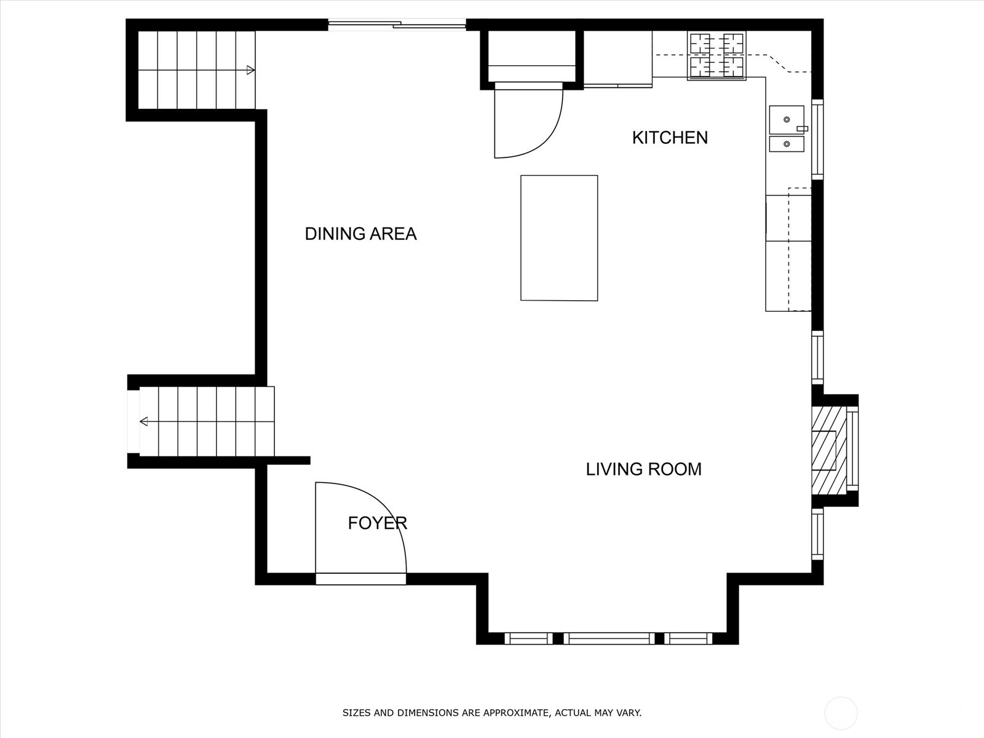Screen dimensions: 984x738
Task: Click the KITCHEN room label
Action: pyautogui.click(x=670, y=138)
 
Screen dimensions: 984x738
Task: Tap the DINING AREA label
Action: pyautogui.click(x=360, y=234)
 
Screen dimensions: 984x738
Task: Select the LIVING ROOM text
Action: pyautogui.click(x=643, y=469)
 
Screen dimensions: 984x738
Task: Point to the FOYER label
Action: pyautogui.click(x=378, y=523)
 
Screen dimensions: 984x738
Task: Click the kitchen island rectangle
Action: pyautogui.click(x=559, y=238)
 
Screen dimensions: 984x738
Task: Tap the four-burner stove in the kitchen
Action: pyautogui.click(x=716, y=56)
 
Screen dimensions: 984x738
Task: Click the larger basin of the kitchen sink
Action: pyautogui.click(x=787, y=120)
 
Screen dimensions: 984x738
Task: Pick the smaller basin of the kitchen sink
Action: pyautogui.click(x=787, y=145)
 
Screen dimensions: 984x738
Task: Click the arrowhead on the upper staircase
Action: pyautogui.click(x=250, y=70)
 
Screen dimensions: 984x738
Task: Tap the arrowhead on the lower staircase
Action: pyautogui.click(x=144, y=421)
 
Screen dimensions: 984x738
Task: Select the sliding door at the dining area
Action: pyautogui.click(x=397, y=25)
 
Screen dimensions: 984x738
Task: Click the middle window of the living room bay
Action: pyautogui.click(x=608, y=638)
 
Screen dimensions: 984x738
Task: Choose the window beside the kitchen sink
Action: pyautogui.click(x=817, y=139)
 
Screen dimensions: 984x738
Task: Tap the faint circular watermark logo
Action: pyautogui.click(x=841, y=713)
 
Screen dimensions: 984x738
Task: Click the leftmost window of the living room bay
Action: pyautogui.click(x=528, y=638)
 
